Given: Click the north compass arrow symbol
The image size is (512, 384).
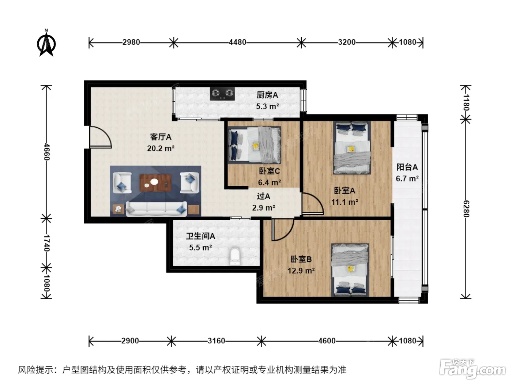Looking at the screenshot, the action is (46, 43).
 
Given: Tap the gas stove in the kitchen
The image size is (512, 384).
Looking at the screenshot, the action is (222, 94).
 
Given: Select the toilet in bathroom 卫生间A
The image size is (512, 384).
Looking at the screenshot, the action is (235, 256).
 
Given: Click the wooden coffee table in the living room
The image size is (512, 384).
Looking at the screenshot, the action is (155, 182).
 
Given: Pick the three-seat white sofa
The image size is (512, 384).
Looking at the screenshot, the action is (156, 209).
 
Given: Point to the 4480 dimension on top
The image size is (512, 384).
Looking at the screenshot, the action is (237, 42).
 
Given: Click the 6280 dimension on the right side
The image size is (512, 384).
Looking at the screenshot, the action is (466, 209).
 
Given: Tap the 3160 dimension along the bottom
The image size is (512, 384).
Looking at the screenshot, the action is (216, 341).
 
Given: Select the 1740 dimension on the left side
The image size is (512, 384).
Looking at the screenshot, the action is (46, 243).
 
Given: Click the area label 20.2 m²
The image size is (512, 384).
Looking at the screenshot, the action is (161, 148).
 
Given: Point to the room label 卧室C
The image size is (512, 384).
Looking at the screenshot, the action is (269, 171).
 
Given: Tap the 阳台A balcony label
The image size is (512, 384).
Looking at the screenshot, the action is (407, 167).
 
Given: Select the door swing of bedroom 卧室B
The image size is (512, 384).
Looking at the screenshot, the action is (283, 230).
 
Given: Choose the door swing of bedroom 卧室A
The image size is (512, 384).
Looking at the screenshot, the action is (313, 203).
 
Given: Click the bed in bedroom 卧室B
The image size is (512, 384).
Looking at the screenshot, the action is (350, 270).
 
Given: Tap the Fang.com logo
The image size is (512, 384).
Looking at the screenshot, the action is (473, 368).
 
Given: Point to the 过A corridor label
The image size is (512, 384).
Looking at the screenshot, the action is (264, 196).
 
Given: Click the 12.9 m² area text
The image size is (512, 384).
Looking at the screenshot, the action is (301, 271).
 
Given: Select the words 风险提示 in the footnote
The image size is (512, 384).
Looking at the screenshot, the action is (36, 370).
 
